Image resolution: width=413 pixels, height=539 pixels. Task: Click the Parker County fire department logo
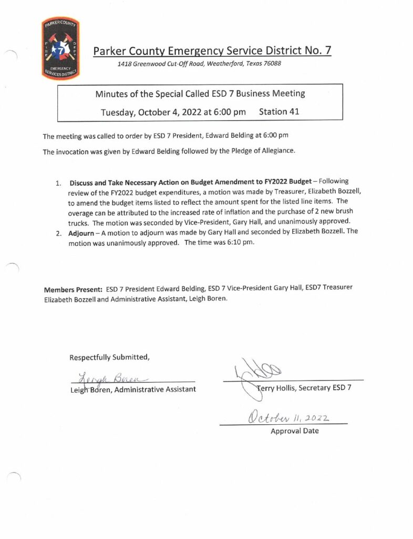[x=60, y=48]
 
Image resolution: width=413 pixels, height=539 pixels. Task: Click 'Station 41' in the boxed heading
[x=281, y=112]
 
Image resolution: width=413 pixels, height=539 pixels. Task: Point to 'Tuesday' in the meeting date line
[x=118, y=112]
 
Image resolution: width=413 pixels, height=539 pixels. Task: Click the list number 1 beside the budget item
[x=58, y=184]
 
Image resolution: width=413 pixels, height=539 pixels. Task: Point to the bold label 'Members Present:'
[x=74, y=290]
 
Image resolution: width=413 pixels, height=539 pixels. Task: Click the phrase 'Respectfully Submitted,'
[x=110, y=357]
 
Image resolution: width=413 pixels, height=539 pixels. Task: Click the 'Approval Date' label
[x=294, y=431]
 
